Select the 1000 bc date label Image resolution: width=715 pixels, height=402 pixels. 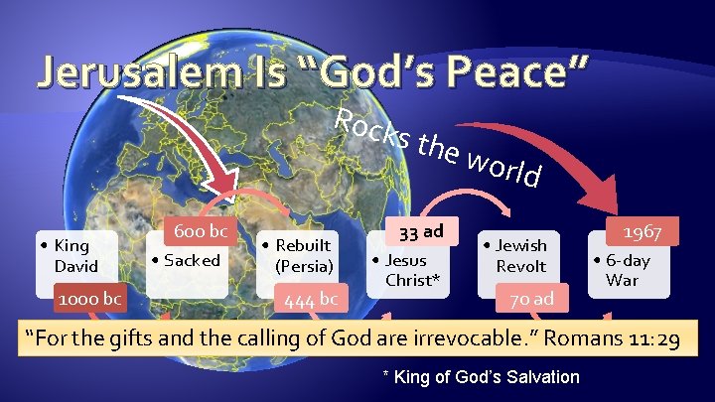point(89,298)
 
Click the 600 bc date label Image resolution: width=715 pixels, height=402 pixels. point(200,231)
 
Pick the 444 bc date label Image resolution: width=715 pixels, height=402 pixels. point(312,298)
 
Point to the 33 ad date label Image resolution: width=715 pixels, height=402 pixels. point(421,231)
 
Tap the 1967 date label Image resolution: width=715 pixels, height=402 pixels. point(643,231)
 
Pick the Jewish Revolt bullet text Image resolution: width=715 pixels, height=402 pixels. point(520,255)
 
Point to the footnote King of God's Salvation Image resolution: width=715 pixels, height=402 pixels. point(481,376)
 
